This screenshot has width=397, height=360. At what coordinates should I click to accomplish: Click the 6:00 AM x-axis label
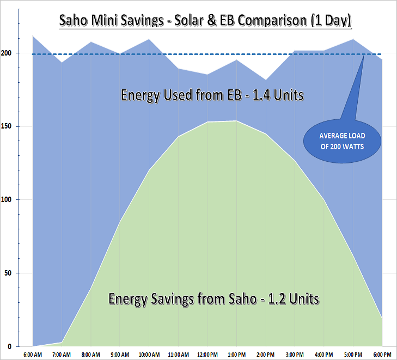[x=33, y=355]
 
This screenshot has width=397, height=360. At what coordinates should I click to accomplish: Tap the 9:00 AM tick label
[x=120, y=355]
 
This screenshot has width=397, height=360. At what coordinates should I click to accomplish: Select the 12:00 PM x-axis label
[x=208, y=355]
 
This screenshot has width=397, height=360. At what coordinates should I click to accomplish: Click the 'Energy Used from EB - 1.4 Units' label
[x=212, y=95]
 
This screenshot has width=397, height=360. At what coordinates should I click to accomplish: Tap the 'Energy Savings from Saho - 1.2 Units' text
[x=213, y=299]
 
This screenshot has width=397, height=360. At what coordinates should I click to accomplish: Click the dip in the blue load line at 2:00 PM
[x=266, y=80]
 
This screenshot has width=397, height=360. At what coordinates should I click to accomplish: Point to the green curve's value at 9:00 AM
[x=120, y=222]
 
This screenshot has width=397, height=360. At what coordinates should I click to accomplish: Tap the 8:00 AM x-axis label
[x=91, y=355]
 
